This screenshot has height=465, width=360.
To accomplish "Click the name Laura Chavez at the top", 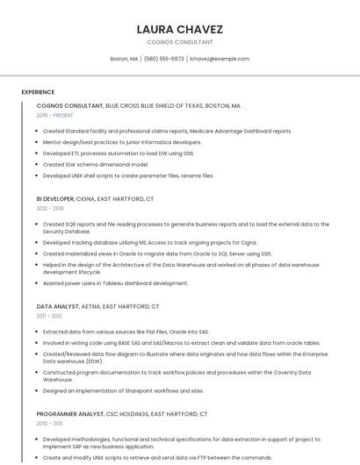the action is coord(179,29).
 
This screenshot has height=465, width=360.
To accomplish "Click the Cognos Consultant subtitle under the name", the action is coord(179,42).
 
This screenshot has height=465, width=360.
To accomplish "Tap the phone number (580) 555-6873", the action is coord(163,59).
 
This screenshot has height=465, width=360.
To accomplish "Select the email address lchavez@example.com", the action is coord(220,59).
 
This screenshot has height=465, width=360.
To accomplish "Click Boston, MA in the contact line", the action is coord(124,59).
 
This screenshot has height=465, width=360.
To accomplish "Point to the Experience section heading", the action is coord(38,92).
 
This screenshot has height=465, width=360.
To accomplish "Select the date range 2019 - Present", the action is coord(54,115).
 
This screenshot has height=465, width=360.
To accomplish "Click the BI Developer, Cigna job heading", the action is coord(95,199).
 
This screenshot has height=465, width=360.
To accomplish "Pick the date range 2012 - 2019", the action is coord(50,209).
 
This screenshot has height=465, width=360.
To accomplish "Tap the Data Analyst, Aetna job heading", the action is coord(97,307).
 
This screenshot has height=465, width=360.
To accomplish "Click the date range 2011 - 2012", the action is coord(49,316).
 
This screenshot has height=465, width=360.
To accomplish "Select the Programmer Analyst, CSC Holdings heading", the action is coord(121,414).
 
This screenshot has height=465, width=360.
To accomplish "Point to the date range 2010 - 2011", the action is coord(49,423).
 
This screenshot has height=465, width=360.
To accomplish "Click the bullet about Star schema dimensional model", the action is coord(96,164).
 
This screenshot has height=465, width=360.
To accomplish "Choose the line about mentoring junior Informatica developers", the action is coord(122,142).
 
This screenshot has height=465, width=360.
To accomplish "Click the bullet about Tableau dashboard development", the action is coord(116,283).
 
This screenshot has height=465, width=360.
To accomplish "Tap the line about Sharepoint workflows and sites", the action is coord(123,390).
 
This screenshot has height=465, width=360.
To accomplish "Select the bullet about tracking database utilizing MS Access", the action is coord(149,243).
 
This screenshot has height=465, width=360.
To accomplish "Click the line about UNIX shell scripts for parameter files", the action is coord(128,175).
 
